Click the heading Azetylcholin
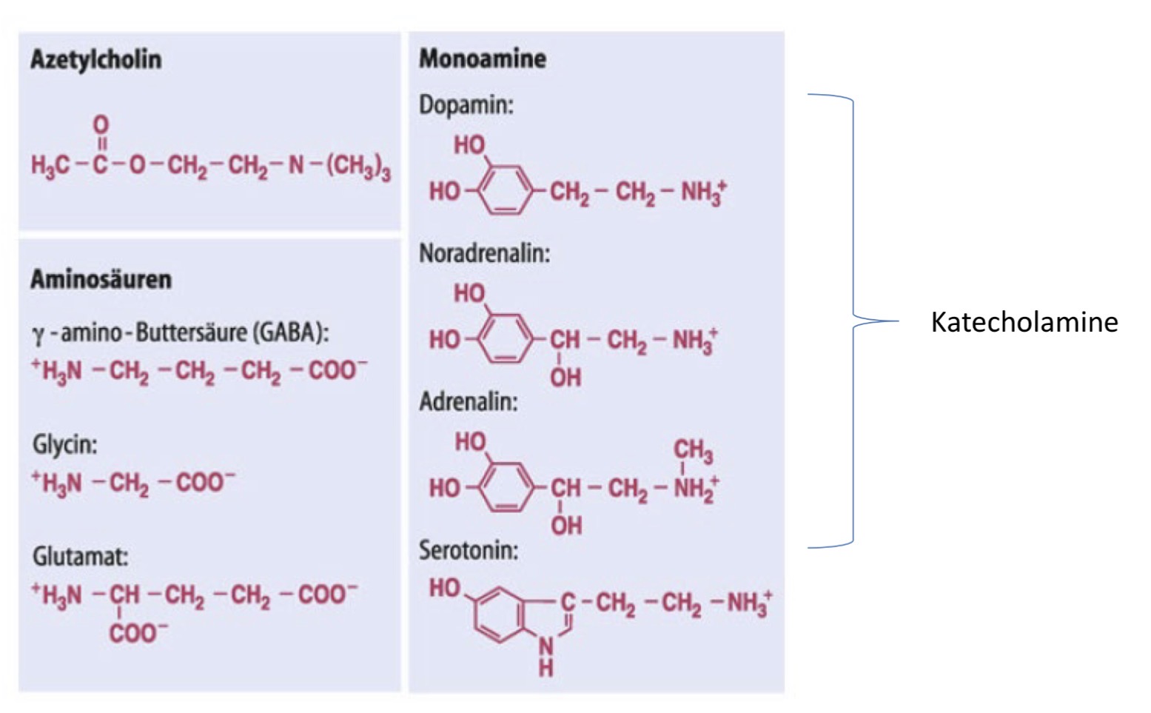96,60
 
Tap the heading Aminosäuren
101,279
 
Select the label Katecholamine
1024,323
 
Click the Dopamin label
466,105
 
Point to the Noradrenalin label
485,253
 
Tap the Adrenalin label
469,401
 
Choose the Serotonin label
469,550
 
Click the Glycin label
64,445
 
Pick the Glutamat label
80,556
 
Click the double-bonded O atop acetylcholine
101,125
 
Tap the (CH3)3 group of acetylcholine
359,167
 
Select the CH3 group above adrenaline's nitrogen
693,450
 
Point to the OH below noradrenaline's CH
566,378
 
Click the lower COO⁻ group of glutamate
138,633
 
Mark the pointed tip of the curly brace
899,321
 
